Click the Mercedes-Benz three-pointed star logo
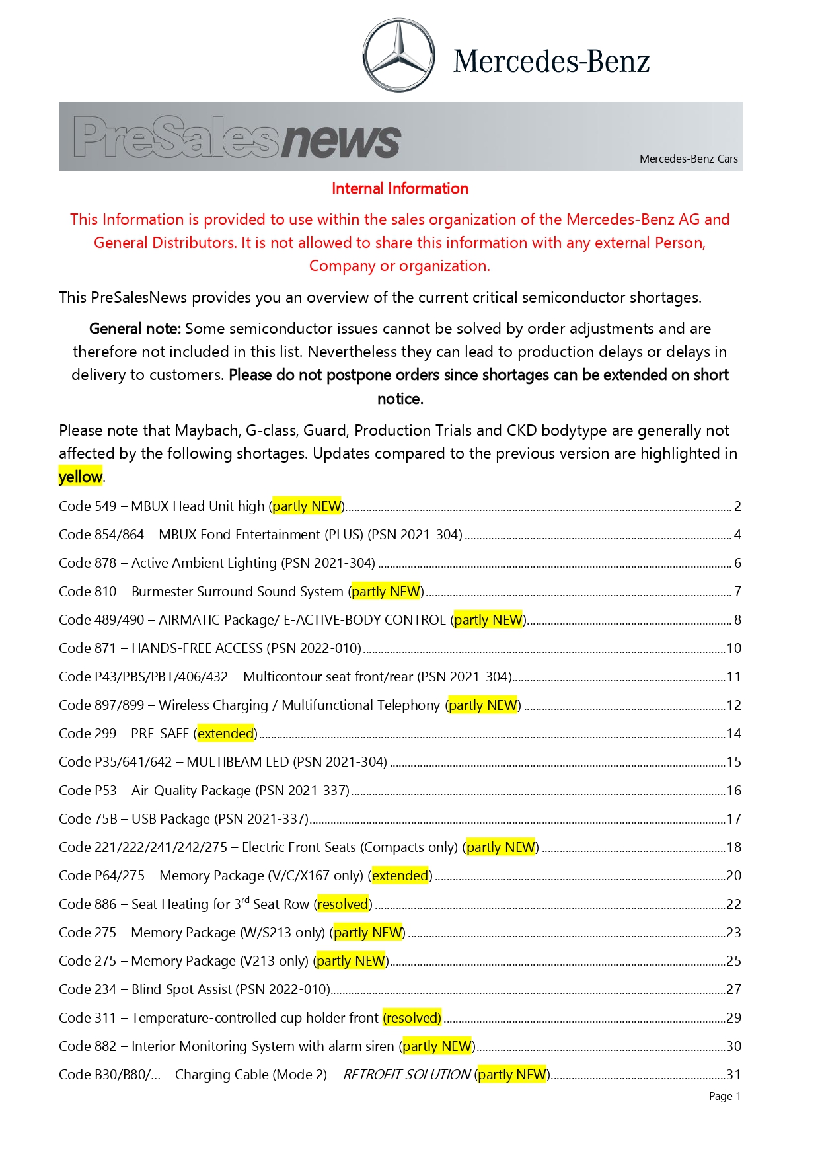pyautogui.click(x=398, y=56)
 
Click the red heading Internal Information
pyautogui.click(x=400, y=188)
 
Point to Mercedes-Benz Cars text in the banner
pyautogui.click(x=689, y=159)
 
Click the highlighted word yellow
pyautogui.click(x=80, y=477)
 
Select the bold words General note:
pyautogui.click(x=135, y=329)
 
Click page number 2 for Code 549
pyautogui.click(x=737, y=506)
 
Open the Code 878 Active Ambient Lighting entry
pyautogui.click(x=217, y=563)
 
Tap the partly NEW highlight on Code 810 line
pyautogui.click(x=386, y=592)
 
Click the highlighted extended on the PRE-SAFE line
pyautogui.click(x=225, y=734)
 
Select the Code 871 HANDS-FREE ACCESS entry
pyautogui.click(x=210, y=648)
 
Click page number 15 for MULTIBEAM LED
pyautogui.click(x=733, y=762)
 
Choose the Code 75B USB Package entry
pyautogui.click(x=184, y=819)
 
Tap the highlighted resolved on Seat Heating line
pyautogui.click(x=342, y=904)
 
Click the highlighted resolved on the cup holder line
pyautogui.click(x=412, y=1018)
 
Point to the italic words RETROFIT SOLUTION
pyautogui.click(x=406, y=1075)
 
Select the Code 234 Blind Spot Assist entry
pyautogui.click(x=194, y=989)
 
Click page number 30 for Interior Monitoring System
pyautogui.click(x=733, y=1046)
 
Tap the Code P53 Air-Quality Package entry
pyautogui.click(x=204, y=791)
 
